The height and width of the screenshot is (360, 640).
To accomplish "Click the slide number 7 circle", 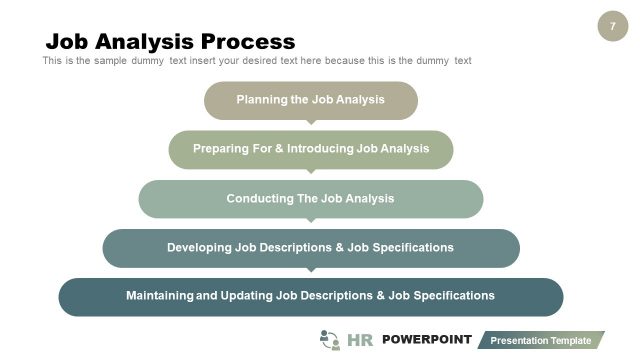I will [612, 26].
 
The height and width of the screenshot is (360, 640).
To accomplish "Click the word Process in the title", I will [248, 41].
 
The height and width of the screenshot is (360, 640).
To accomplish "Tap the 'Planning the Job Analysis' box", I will [310, 100].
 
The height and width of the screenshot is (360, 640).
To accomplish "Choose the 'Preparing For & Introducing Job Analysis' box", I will [310, 149].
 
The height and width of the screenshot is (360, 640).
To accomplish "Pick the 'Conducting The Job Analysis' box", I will [310, 198].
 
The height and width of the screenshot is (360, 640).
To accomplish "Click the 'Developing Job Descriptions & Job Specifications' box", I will [310, 247].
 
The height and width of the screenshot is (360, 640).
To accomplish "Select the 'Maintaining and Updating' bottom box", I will [310, 296].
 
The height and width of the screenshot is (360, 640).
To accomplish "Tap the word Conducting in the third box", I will [259, 198].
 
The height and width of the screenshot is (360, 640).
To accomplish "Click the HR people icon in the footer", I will [329, 340].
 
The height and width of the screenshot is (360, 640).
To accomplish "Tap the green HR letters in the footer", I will [359, 341].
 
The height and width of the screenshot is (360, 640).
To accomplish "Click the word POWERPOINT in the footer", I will [426, 340].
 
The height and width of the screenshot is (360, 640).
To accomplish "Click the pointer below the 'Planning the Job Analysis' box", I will [311, 122].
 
